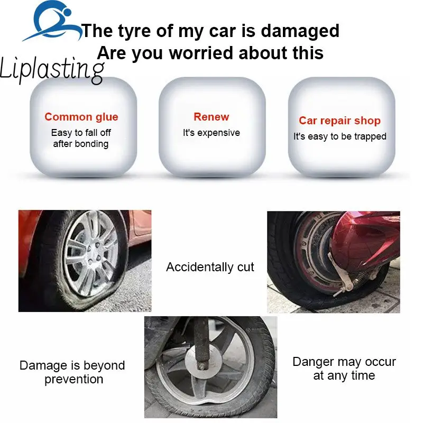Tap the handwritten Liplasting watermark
(x=52, y=70)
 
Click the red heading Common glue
(x=81, y=117)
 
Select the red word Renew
(x=212, y=117)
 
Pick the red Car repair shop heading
(x=339, y=121)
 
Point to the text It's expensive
(x=212, y=133)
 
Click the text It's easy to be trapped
(x=340, y=136)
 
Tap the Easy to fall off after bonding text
(x=81, y=138)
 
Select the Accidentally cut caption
(x=210, y=267)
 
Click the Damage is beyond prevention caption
(x=72, y=372)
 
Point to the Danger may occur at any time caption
(x=344, y=369)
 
